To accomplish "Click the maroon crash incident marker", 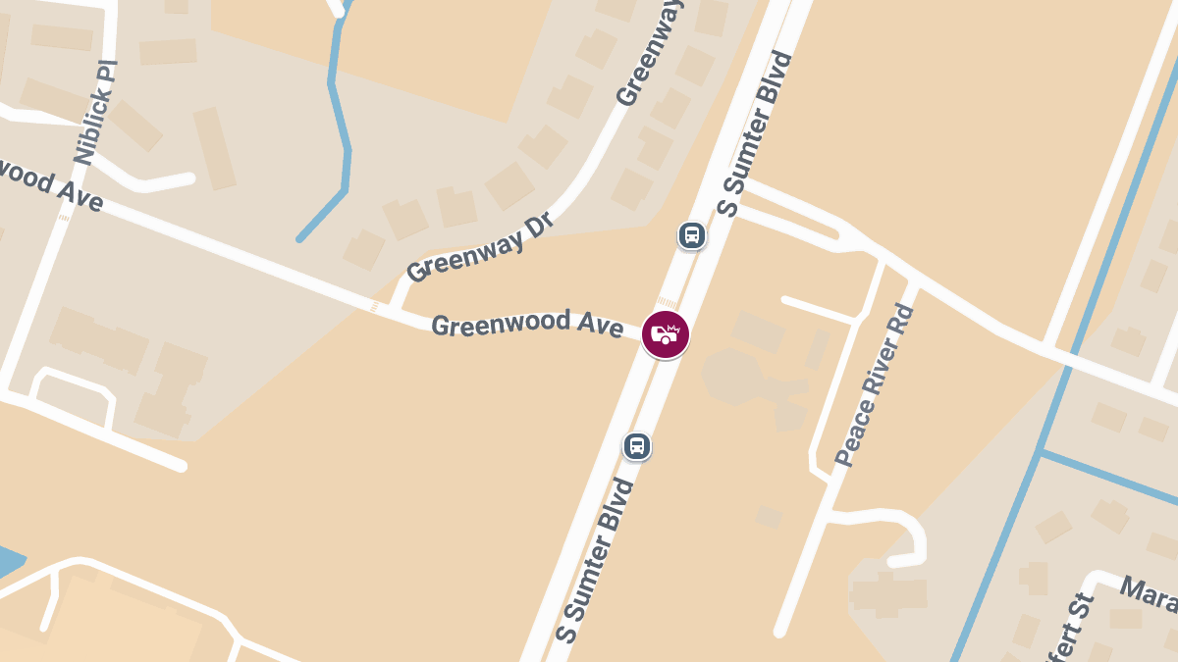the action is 666,334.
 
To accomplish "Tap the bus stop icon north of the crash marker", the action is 692,235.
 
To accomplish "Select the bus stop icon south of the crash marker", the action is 637,446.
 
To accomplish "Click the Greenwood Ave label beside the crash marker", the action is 527,324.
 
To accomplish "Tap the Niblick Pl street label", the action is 95,112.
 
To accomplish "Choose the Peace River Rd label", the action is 875,385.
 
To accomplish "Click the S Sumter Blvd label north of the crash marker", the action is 755,133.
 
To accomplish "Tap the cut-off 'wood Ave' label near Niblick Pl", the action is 49,183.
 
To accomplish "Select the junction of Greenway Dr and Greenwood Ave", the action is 395,309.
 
